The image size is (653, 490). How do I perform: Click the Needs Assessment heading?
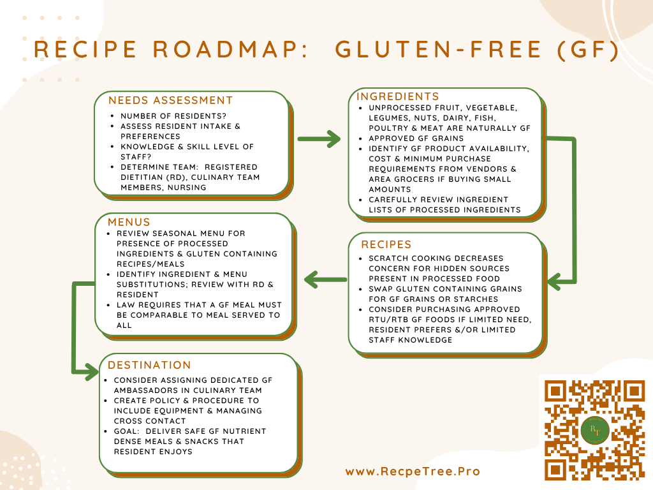pos(170,100)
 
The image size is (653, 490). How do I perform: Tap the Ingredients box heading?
pos(398,97)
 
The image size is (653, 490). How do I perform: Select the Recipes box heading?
pos(386,244)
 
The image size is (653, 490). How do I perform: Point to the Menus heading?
pos(129,222)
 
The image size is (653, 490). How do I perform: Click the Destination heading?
pos(149,365)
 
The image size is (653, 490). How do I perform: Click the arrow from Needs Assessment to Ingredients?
pos(319,139)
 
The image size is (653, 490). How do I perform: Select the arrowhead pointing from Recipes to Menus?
pos(313,279)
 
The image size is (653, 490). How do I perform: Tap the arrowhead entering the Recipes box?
pos(555,281)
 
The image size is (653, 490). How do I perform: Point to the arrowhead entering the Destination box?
pos(92,372)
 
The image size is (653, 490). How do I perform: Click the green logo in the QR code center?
pos(595,430)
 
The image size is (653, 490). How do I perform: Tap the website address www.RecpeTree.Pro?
pos(413,471)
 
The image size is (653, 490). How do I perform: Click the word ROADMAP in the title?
pos(231,49)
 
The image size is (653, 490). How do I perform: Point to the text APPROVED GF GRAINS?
pos(416,138)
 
